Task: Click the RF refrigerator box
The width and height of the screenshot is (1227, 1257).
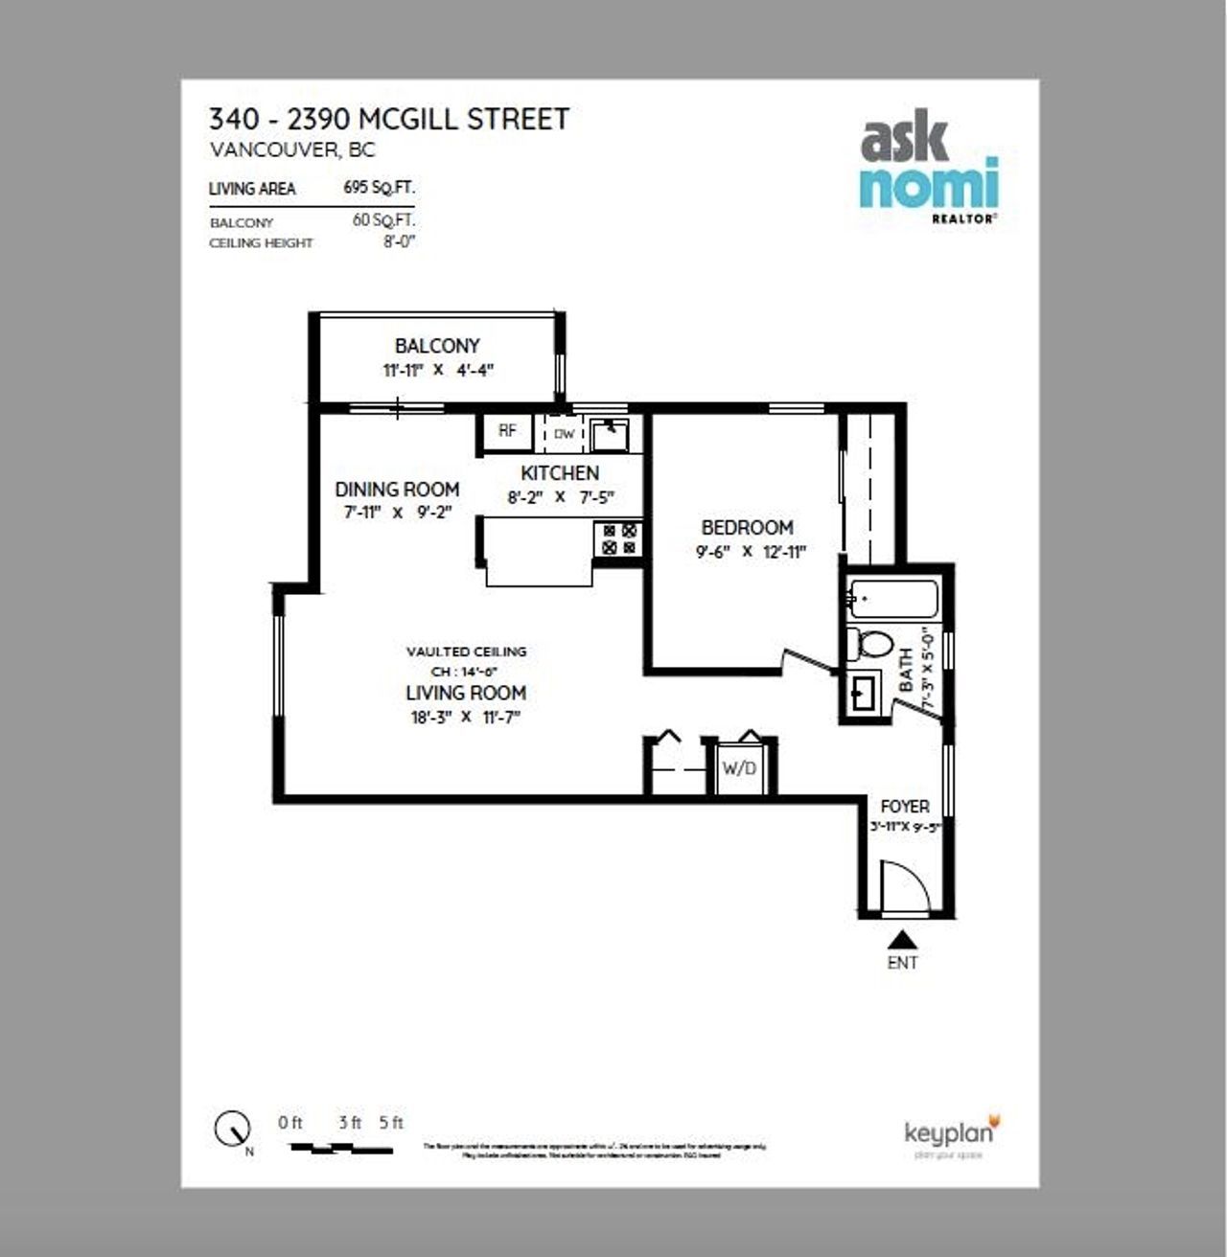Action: click(507, 432)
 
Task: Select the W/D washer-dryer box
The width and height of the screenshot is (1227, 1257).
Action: click(739, 768)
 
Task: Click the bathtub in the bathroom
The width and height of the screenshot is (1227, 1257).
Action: click(891, 600)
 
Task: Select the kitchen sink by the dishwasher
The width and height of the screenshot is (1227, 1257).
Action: click(608, 434)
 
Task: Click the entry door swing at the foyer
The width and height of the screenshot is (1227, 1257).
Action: click(905, 887)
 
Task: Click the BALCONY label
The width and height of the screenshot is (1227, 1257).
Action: click(437, 346)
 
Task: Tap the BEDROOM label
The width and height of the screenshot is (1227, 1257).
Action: click(747, 528)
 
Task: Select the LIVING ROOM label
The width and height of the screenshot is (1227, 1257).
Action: click(466, 693)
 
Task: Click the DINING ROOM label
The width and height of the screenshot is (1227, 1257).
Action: click(397, 490)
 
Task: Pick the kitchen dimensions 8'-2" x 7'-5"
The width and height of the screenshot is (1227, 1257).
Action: click(560, 498)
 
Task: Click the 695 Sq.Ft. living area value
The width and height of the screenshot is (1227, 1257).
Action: click(379, 188)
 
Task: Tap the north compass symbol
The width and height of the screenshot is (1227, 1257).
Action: click(233, 1130)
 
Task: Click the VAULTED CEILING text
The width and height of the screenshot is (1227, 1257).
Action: click(466, 651)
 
